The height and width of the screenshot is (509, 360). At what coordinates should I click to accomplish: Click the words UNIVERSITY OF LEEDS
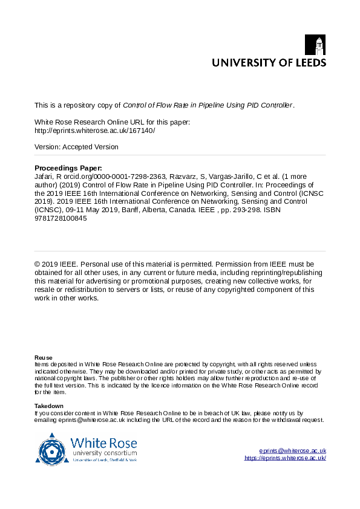[269, 62]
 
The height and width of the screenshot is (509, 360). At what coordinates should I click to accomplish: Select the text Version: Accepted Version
[76, 147]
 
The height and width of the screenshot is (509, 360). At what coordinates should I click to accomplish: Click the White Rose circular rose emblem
[53, 450]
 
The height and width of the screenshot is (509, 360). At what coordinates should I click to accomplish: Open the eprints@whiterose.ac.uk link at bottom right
[293, 451]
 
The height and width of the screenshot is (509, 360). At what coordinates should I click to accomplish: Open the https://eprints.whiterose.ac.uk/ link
[285, 458]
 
